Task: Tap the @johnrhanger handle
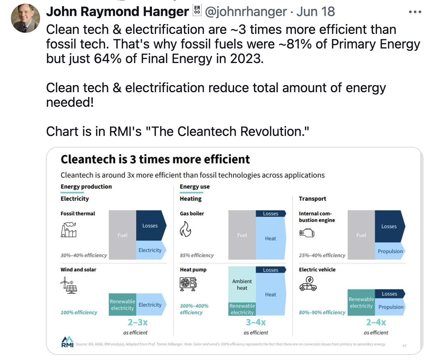click(x=246, y=12)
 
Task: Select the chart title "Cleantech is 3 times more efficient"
click(x=155, y=159)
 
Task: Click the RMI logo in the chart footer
click(x=67, y=342)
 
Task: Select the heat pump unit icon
click(x=188, y=284)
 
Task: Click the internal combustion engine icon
click(x=306, y=233)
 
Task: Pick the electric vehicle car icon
click(x=308, y=284)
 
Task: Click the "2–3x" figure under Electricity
click(x=137, y=322)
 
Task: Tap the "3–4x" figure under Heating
click(x=256, y=322)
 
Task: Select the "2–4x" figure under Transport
click(x=376, y=322)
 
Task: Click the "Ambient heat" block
click(x=242, y=285)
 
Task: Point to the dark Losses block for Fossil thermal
click(x=150, y=226)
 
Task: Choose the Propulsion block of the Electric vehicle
click(x=391, y=307)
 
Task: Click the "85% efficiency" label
click(x=197, y=255)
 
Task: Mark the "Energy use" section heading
click(x=195, y=187)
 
